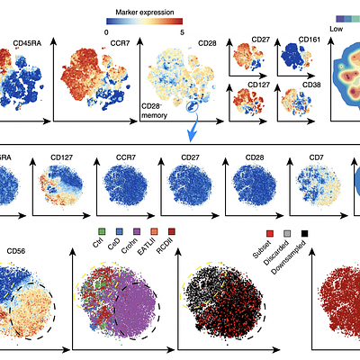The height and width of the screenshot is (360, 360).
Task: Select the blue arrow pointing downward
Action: (191, 131)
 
